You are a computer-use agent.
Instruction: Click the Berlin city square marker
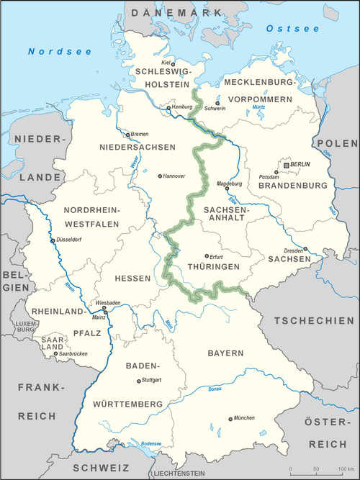click(x=287, y=166)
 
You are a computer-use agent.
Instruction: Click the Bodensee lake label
click(x=151, y=443)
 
